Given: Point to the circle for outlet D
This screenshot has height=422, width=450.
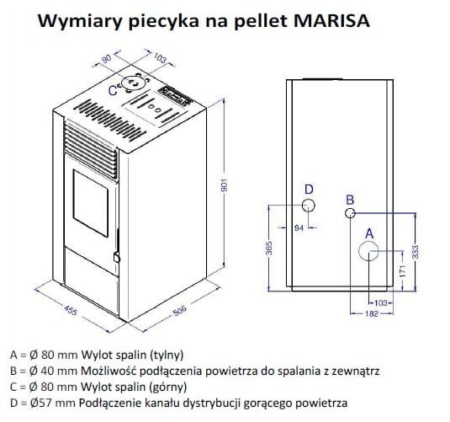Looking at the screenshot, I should (310, 206).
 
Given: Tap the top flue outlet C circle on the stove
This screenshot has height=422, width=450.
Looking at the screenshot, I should (132, 83).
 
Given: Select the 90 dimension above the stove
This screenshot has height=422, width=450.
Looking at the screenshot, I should (107, 60).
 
